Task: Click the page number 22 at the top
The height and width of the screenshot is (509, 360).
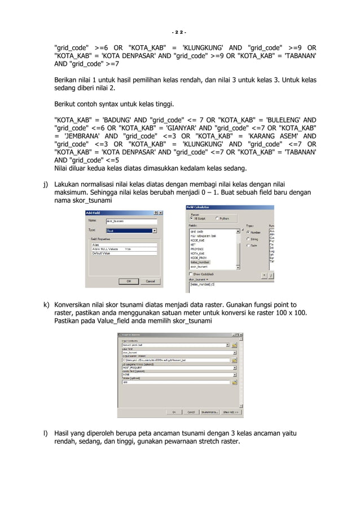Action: [x=179, y=31]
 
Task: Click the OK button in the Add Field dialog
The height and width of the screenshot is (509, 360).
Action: [x=128, y=280]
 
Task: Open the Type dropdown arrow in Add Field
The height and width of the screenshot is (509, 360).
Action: [x=154, y=230]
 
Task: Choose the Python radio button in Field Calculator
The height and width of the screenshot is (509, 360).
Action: [x=216, y=218]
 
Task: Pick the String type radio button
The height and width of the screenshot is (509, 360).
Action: [x=248, y=239]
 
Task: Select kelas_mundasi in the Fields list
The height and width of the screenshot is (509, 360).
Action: [x=200, y=262]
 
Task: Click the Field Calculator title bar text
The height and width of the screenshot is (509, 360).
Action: [x=199, y=207]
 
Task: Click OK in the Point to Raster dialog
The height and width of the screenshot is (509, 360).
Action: [x=174, y=411]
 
